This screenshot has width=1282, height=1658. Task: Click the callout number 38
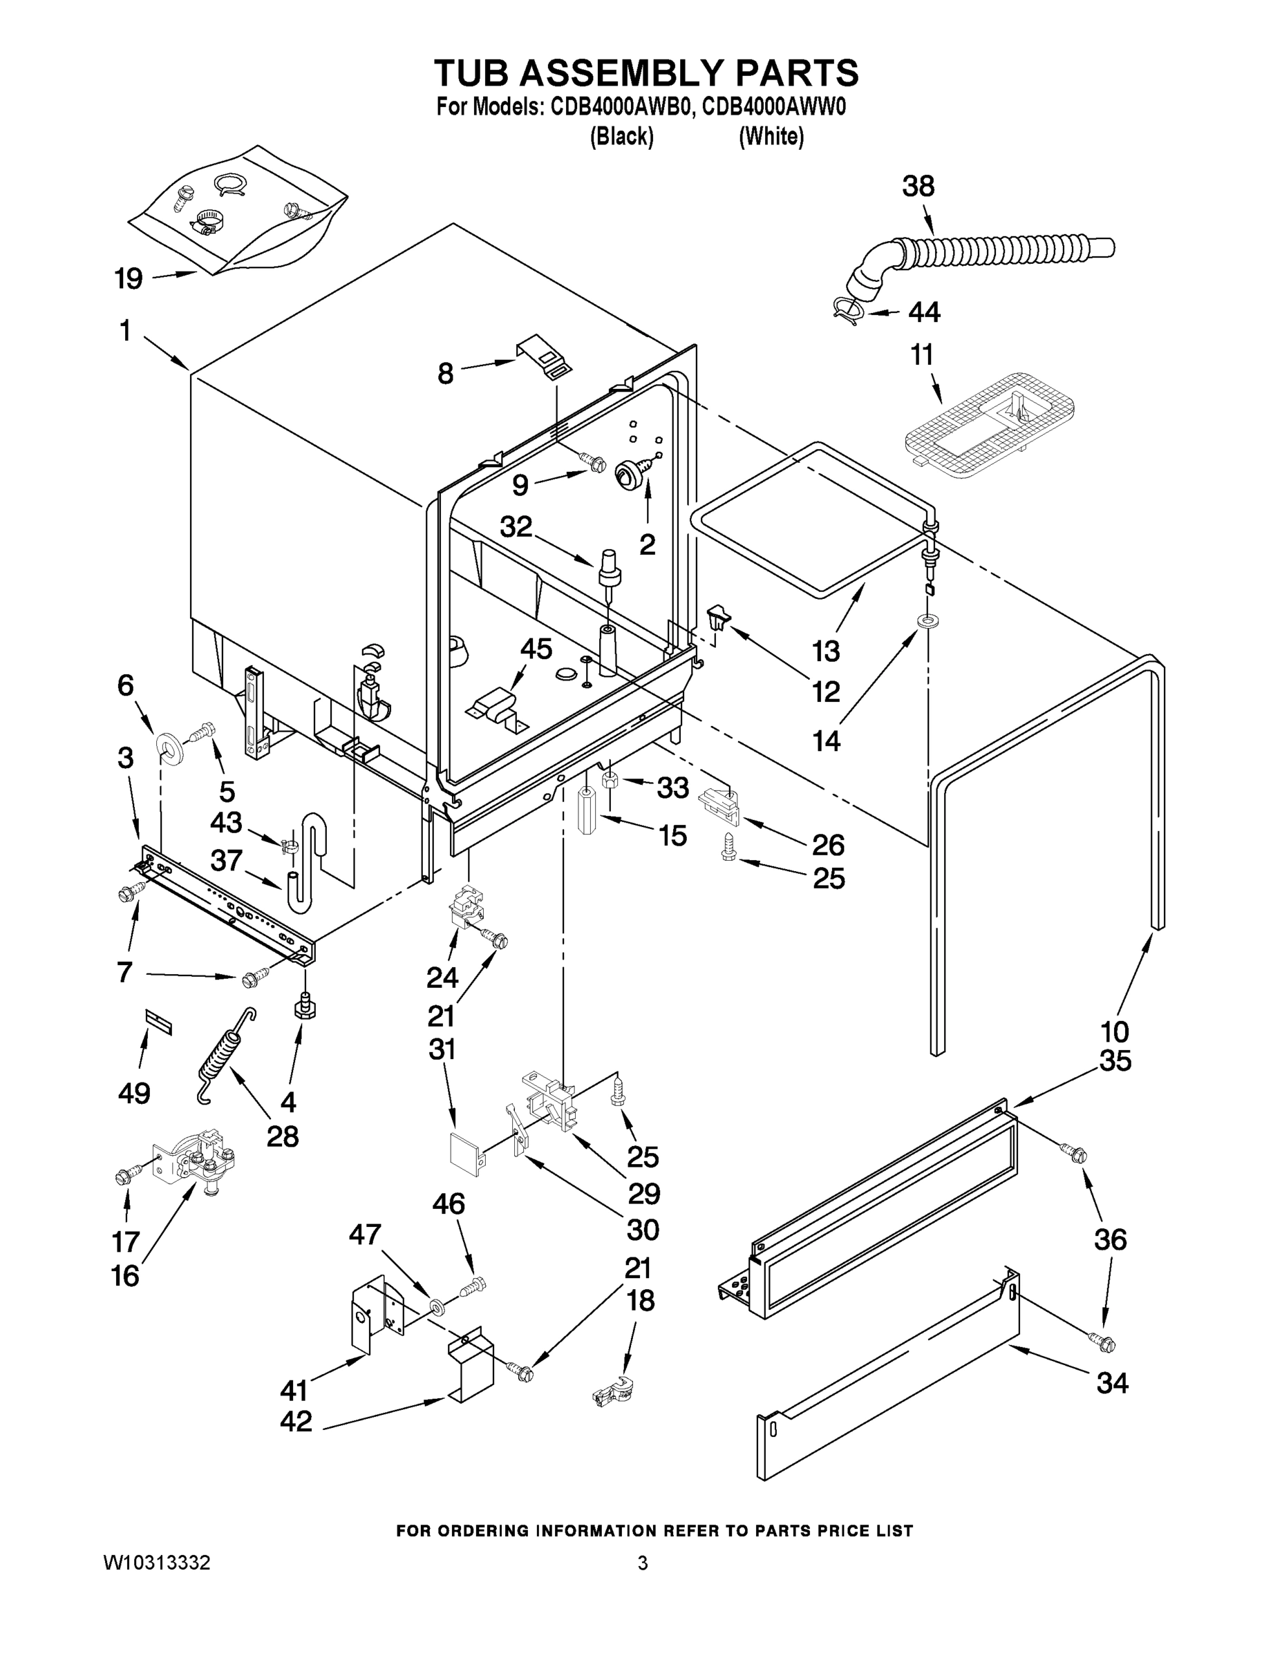tap(918, 187)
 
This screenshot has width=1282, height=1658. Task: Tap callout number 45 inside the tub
tap(536, 649)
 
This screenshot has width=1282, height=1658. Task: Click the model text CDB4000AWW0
tap(774, 107)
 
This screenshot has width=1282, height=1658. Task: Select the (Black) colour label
tap(621, 137)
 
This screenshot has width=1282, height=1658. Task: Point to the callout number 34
tap(1112, 1383)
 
